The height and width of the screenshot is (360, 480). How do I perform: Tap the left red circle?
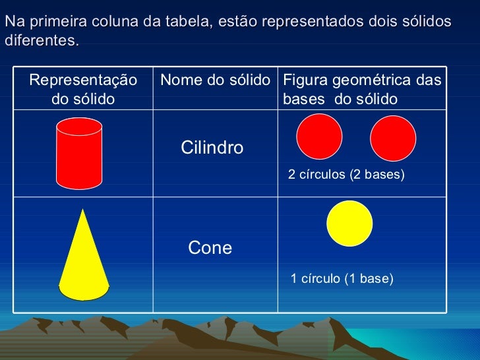click(x=319, y=137)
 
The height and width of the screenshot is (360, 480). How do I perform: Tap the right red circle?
click(x=393, y=138)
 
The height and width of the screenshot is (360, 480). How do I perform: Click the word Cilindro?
click(x=212, y=148)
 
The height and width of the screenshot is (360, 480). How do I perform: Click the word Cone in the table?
click(x=210, y=248)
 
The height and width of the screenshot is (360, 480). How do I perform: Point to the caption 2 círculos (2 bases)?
click(x=346, y=175)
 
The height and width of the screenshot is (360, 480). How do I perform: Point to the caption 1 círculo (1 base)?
click(x=342, y=279)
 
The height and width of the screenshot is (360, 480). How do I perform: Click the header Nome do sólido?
click(x=216, y=80)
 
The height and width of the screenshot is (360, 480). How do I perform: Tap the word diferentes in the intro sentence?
click(x=40, y=40)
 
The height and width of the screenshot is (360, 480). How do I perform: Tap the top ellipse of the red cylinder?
click(x=79, y=127)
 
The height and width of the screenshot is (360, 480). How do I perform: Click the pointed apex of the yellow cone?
click(x=83, y=210)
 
